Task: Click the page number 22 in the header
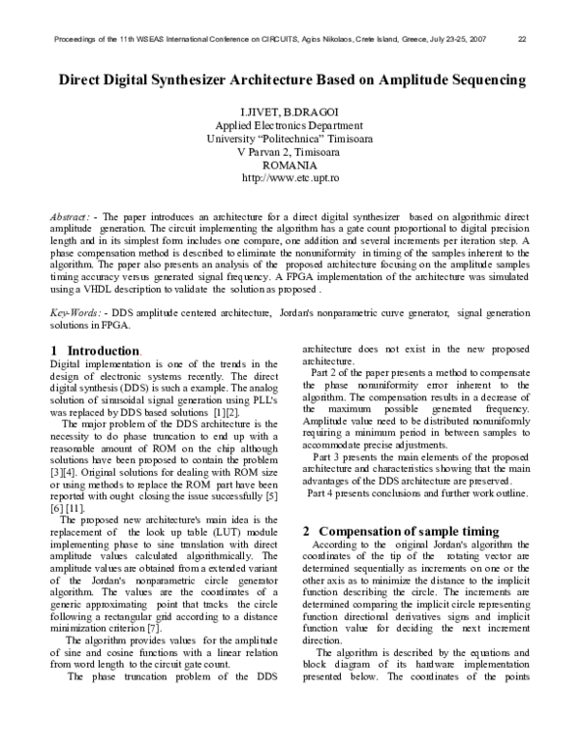pyautogui.click(x=522, y=40)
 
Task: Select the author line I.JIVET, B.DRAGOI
pyautogui.click(x=290, y=112)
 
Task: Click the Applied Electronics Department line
pyautogui.click(x=290, y=126)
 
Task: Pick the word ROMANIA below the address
pyautogui.click(x=290, y=166)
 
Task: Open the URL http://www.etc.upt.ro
pyautogui.click(x=290, y=179)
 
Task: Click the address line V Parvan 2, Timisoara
pyautogui.click(x=290, y=153)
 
